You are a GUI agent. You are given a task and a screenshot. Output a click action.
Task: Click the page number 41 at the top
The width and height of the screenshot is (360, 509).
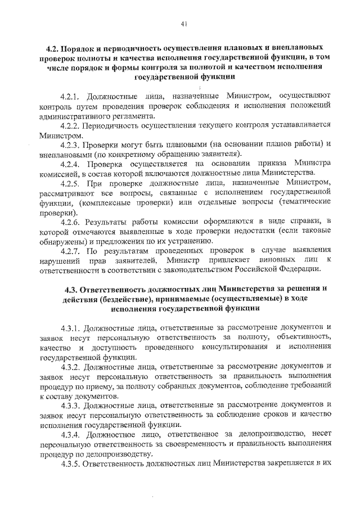tap(184, 24)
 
